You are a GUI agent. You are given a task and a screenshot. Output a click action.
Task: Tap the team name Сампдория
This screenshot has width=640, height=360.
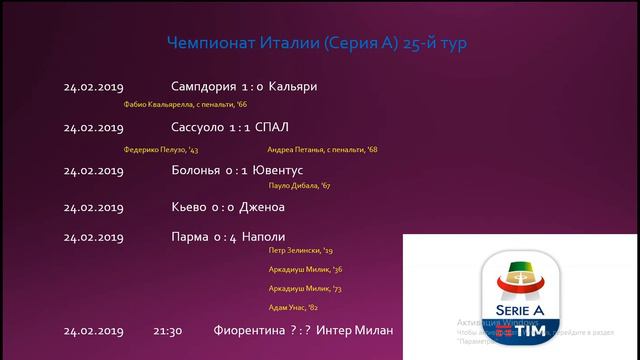(204, 87)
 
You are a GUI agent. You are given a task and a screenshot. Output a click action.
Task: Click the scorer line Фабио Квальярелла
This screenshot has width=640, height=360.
(185, 105)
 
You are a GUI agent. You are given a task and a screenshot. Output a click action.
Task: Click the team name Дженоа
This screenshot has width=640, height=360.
(263, 207)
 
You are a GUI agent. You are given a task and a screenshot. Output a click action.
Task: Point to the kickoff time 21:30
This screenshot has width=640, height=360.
(168, 331)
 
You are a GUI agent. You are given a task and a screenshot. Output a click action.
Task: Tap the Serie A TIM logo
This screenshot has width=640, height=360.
(520, 295)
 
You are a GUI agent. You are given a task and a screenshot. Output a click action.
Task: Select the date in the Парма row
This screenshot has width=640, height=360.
(93, 238)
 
